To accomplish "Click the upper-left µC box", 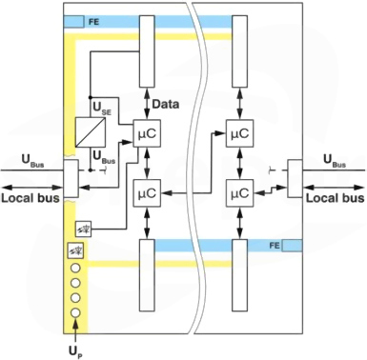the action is click(147, 133).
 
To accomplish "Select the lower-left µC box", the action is click(147, 193).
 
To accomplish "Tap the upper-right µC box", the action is click(239, 133).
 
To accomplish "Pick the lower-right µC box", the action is click(239, 193).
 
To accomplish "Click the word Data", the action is click(166, 104).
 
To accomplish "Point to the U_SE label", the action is click(102, 108).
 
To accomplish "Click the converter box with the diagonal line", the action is click(91, 132).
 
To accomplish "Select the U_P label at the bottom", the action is click(75, 351).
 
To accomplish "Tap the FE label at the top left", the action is click(93, 22).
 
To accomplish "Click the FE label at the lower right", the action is click(275, 246).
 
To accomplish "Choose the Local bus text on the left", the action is click(31, 198).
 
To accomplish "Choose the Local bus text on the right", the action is click(335, 198).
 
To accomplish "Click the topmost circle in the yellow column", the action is click(75, 269).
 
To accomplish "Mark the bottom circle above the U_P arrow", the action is click(75, 312).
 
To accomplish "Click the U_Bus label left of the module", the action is click(32, 160).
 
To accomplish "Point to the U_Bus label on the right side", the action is click(335, 160).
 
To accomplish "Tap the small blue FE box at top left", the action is click(74, 22).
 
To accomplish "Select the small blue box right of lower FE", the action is click(293, 246).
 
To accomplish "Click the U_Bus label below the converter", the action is click(104, 157).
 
